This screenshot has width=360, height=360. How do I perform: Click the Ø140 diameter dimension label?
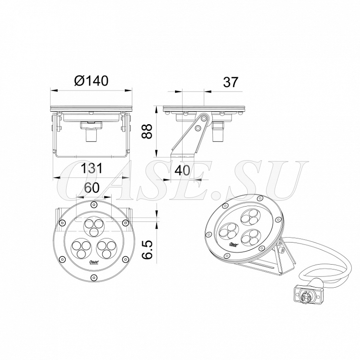(91, 81)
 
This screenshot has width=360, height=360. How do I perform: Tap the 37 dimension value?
(231, 82)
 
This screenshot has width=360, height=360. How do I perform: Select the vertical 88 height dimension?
(147, 131)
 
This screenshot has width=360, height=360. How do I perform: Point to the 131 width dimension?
(92, 168)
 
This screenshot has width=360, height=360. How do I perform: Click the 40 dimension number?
(182, 170)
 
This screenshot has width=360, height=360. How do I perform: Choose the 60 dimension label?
(92, 187)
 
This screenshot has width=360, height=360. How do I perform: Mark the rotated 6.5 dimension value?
(147, 250)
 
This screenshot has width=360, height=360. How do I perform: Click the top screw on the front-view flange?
(93, 205)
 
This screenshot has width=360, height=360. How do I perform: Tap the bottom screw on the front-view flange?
(93, 278)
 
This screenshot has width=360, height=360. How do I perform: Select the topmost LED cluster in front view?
(93, 226)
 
